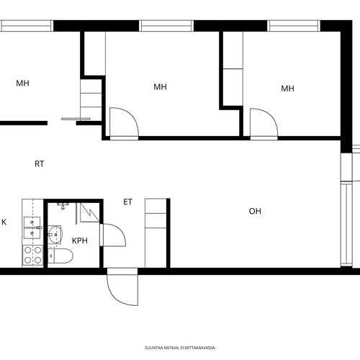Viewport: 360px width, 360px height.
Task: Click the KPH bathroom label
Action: (80, 240)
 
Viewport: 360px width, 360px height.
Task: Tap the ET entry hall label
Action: (127, 202)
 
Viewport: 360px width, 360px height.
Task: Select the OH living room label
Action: (255, 211)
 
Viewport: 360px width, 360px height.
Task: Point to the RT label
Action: (40, 164)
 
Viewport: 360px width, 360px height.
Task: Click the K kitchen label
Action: (4, 222)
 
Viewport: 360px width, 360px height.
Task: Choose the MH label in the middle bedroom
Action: (160, 86)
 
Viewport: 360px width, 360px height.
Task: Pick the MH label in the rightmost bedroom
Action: (287, 89)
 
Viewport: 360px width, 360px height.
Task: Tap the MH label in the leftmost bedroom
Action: (22, 84)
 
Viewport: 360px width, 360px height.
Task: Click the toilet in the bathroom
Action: (60, 256)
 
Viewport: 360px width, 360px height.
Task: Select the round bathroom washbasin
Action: (55, 235)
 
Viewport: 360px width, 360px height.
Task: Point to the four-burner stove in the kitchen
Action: (32, 255)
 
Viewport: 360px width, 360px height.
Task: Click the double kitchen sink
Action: (32, 228)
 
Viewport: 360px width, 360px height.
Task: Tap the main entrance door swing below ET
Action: (122, 287)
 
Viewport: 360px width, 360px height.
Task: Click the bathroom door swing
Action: (113, 235)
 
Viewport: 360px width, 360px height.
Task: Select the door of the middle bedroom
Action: (124, 122)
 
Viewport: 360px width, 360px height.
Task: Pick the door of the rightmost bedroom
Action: (264, 123)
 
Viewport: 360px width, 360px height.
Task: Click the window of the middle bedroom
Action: (166, 26)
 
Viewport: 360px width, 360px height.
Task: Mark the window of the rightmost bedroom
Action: (294, 26)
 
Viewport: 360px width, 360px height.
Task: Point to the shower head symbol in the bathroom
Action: (63, 206)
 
